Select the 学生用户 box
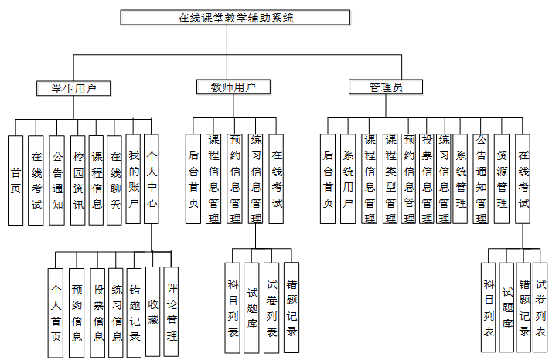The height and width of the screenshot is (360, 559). pos(73,88)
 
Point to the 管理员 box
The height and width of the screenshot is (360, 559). pos(385,87)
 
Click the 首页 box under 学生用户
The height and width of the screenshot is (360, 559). pos(15,180)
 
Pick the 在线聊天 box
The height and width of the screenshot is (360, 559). pos(115,180)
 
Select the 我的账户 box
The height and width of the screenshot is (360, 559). pos(134,180)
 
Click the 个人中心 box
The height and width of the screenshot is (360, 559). pos(152,180)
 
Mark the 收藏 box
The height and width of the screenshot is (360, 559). pos(153,309)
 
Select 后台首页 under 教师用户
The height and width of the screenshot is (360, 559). pos(193,178)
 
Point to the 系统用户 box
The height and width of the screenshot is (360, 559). pos(348,178)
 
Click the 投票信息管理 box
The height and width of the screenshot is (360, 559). pos(426,178)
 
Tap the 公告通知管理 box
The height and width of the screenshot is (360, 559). pos(481,178)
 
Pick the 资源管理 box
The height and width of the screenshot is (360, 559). pos(502,178)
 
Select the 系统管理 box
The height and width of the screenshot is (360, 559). pos(462,178)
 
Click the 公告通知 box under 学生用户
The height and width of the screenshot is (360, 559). pos(56,180)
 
